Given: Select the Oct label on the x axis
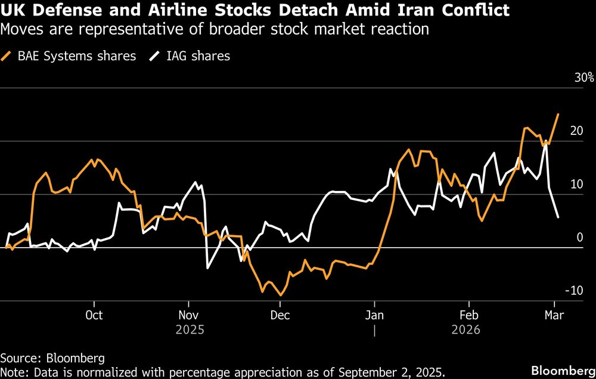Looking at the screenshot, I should (94, 315).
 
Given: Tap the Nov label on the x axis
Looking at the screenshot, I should (188, 315).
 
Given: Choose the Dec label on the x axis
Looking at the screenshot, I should (280, 315).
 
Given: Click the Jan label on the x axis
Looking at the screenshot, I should (374, 315).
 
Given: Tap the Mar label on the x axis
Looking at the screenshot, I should (555, 315).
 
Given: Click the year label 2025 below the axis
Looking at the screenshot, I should (188, 329).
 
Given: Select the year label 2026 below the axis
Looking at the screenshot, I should (469, 329).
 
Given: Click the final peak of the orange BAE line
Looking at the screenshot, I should (558, 114).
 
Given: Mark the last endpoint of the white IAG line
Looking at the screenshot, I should (558, 217).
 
